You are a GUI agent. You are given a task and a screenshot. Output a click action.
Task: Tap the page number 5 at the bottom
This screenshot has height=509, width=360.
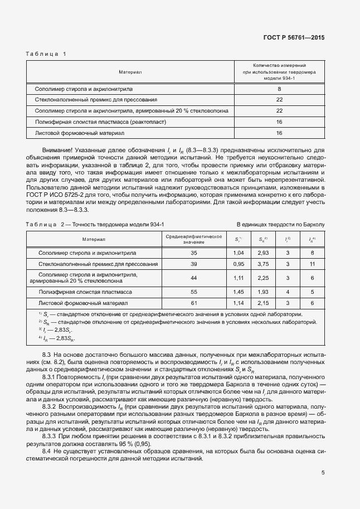click(x=323, y=473)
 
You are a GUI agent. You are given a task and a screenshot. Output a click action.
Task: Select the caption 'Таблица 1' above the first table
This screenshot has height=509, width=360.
click(x=46, y=54)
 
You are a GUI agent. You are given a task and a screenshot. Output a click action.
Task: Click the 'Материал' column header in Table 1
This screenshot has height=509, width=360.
click(x=130, y=72)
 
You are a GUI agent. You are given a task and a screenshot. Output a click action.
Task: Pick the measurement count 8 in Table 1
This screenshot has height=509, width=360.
click(x=279, y=89)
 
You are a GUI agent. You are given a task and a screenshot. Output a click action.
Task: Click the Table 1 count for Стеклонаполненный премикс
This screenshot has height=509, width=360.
click(x=279, y=100)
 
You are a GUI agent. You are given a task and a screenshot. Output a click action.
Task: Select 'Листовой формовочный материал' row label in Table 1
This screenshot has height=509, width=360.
click(x=76, y=133)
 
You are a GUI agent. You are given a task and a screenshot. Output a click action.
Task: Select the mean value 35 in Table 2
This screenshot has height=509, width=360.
click(x=194, y=253)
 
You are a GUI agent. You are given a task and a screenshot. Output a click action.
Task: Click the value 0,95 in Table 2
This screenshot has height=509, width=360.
click(x=239, y=264)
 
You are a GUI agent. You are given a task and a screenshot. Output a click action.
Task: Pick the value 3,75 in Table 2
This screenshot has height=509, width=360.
click(x=264, y=264)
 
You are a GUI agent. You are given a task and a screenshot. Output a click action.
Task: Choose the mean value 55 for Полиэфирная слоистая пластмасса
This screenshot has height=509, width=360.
click(x=194, y=292)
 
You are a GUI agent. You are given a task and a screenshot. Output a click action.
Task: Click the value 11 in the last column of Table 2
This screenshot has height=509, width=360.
click(x=312, y=264)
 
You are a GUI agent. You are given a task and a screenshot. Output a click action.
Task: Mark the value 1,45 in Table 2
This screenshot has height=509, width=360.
click(x=239, y=292)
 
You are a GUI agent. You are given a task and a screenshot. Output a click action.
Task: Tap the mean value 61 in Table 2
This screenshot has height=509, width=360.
click(x=194, y=303)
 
